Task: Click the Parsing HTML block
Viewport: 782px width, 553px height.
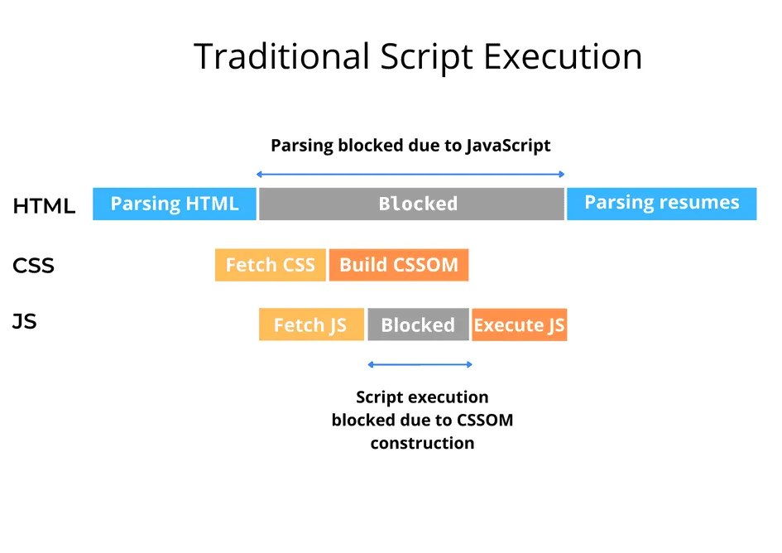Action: [174, 204]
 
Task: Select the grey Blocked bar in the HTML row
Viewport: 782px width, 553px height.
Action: [411, 204]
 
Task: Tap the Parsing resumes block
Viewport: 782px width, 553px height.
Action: [661, 204]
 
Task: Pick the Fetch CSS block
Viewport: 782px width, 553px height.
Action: [271, 265]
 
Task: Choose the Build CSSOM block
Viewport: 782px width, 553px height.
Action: [399, 265]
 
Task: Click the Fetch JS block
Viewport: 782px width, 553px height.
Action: [311, 325]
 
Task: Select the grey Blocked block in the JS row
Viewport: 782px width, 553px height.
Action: [418, 325]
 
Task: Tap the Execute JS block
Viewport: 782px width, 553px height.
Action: [520, 325]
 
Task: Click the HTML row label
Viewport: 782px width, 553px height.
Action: [44, 207]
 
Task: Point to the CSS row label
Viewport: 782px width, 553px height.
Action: [33, 266]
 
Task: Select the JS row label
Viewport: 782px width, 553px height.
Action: [25, 321]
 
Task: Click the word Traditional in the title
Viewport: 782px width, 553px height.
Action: [281, 57]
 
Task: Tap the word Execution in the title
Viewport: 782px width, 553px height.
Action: [563, 57]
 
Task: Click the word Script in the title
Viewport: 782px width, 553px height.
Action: [427, 57]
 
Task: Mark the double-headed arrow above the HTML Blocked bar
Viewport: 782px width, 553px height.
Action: [410, 174]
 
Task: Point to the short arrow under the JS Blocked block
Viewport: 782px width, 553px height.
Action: [420, 364]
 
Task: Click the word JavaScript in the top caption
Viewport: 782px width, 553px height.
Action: [508, 146]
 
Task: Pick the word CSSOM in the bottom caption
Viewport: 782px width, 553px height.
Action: [483, 420]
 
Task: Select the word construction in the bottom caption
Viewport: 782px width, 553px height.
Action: [422, 443]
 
